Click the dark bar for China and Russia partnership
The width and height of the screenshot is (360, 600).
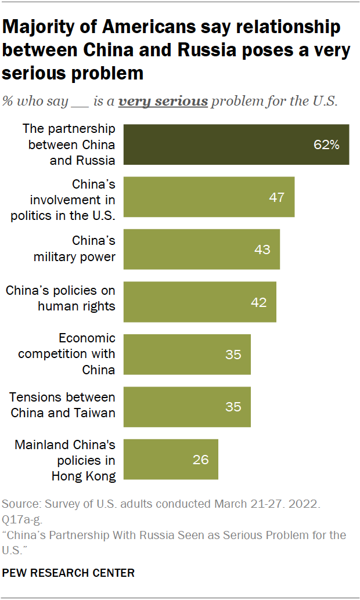[236, 144]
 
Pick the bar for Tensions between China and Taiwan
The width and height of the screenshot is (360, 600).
[187, 407]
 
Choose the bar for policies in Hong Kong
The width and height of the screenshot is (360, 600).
[171, 459]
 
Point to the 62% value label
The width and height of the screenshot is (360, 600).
[326, 145]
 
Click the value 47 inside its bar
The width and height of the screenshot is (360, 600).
[276, 197]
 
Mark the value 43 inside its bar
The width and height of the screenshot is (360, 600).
[262, 250]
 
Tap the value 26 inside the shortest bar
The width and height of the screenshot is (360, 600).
[200, 460]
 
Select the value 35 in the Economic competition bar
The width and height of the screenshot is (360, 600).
[233, 354]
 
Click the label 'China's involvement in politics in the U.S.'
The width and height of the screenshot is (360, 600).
[63, 200]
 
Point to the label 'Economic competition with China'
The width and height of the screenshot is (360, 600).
[67, 354]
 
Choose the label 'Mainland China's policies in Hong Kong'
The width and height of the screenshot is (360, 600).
[65, 461]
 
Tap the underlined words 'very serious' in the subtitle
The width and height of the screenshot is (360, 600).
[163, 102]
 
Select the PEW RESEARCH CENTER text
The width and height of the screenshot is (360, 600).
[69, 573]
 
